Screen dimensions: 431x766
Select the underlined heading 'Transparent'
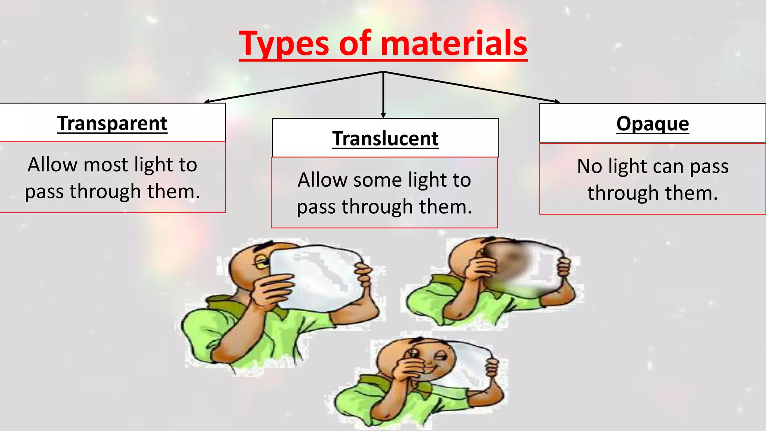click(x=112, y=123)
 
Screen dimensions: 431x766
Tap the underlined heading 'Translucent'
click(x=385, y=139)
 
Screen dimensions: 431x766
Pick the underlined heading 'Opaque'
click(x=653, y=124)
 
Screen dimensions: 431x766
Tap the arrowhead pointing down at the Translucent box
click(x=383, y=116)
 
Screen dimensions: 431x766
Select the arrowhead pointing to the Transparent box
click(x=207, y=101)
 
